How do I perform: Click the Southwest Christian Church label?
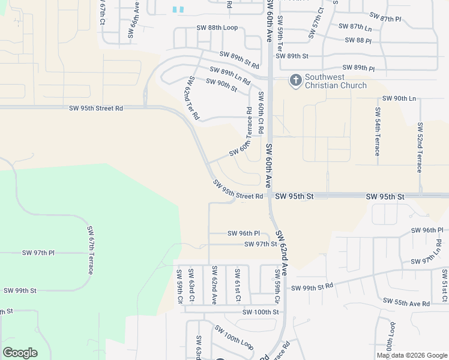click(336, 81)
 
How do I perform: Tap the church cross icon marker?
click(295, 80)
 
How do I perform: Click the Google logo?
click(20, 353)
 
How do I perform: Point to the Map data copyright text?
click(411, 355)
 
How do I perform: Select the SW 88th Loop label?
click(217, 28)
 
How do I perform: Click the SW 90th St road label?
click(221, 85)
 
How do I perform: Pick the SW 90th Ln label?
click(399, 98)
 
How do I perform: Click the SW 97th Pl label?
click(38, 253)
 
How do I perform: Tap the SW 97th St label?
click(261, 244)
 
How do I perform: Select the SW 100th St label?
click(261, 312)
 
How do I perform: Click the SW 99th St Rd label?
click(312, 287)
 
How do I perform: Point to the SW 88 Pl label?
click(358, 40)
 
